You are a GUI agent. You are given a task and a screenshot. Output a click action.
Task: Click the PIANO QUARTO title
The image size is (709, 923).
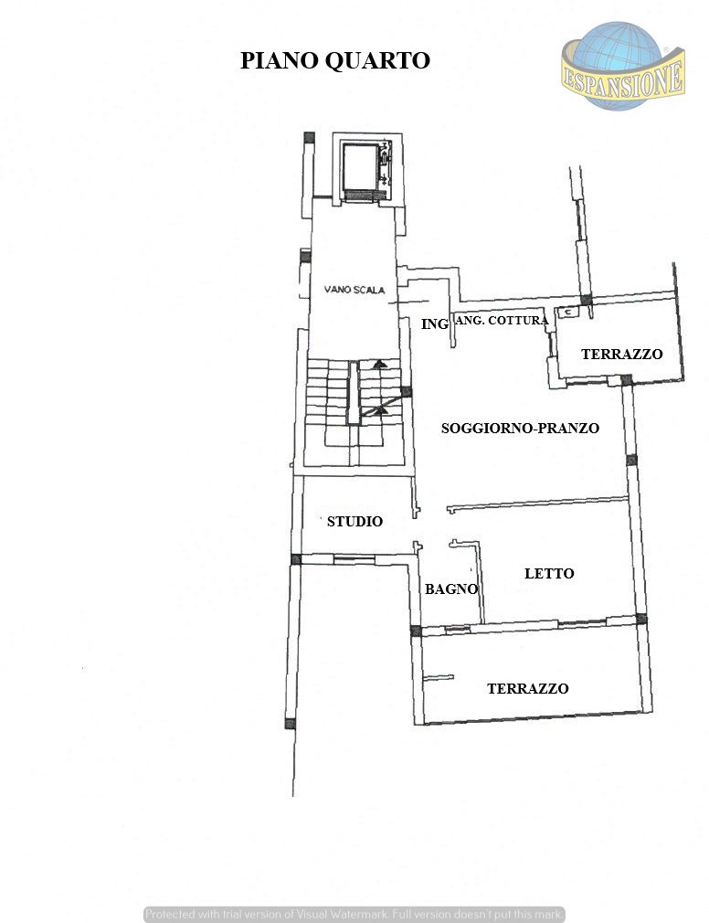click(334, 60)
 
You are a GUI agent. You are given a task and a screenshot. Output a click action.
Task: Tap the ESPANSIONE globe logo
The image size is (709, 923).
click(623, 66)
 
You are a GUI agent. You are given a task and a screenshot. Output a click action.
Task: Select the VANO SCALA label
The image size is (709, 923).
click(354, 290)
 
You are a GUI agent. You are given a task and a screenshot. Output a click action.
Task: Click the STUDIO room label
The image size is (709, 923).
click(354, 521)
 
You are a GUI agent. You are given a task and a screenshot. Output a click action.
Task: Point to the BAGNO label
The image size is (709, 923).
click(451, 589)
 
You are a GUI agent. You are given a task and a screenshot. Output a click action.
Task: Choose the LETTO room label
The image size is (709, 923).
click(549, 573)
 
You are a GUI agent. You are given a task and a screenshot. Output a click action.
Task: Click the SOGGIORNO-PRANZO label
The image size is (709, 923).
click(520, 428)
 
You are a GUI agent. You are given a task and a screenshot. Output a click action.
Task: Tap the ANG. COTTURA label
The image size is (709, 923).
click(503, 320)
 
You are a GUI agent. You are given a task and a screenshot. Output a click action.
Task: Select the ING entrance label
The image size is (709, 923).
click(435, 324)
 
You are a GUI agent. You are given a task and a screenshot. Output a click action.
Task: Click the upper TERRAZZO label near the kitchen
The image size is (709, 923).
click(622, 354)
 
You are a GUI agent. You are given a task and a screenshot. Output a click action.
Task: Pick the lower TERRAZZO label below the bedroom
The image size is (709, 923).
click(528, 688)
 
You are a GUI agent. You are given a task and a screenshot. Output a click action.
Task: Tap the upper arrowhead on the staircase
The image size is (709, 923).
click(380, 364)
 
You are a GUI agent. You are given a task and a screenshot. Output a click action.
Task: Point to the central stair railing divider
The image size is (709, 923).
click(353, 393)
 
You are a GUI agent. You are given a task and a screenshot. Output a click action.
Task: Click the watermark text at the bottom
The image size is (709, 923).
click(354, 914)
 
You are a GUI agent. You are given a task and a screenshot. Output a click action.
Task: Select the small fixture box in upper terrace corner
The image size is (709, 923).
click(567, 312)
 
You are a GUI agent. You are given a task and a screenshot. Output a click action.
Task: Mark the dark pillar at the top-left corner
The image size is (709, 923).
click(309, 137)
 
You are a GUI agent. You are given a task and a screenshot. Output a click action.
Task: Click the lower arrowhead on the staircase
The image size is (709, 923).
click(380, 408)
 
